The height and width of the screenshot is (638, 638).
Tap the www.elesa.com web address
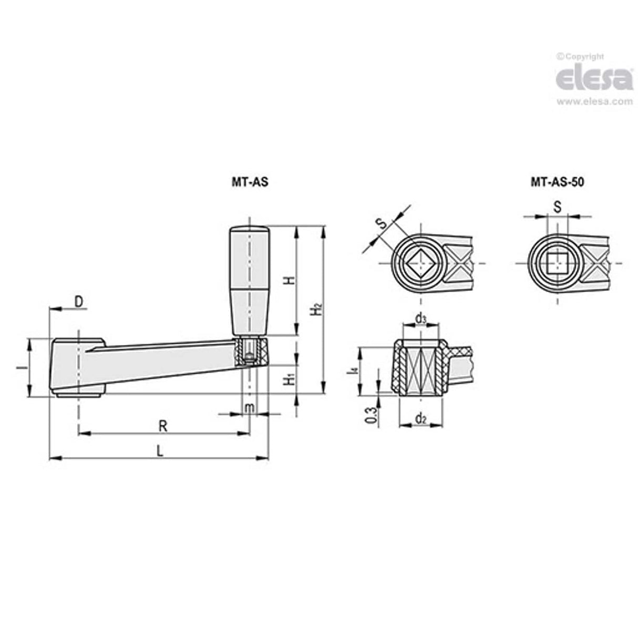pyautogui.click(x=594, y=101)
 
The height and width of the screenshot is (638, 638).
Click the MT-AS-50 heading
pyautogui.click(x=557, y=182)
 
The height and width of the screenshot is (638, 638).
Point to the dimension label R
pyautogui.click(x=163, y=425)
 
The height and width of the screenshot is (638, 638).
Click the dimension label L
pyautogui.click(x=160, y=450)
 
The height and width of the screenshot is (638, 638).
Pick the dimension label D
pyautogui.click(x=78, y=301)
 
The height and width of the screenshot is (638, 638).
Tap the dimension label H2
pyautogui.click(x=315, y=310)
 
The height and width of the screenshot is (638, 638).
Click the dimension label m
pyautogui.click(x=250, y=407)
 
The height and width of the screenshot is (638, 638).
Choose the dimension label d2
pyautogui.click(x=420, y=418)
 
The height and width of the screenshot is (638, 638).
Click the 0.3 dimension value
pyautogui.click(x=371, y=415)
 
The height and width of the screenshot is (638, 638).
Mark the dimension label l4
pyautogui.click(x=355, y=371)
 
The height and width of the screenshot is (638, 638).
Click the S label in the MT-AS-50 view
pyautogui.click(x=558, y=207)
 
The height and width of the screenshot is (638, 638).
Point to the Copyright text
pyautogui.click(x=580, y=57)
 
